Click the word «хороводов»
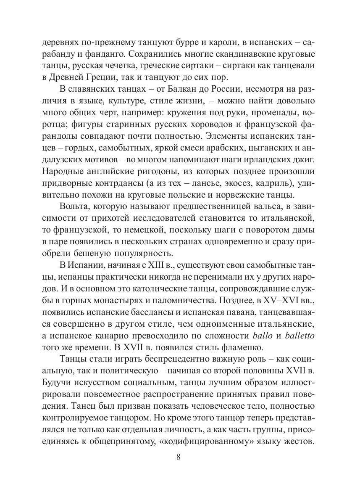(204, 125)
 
